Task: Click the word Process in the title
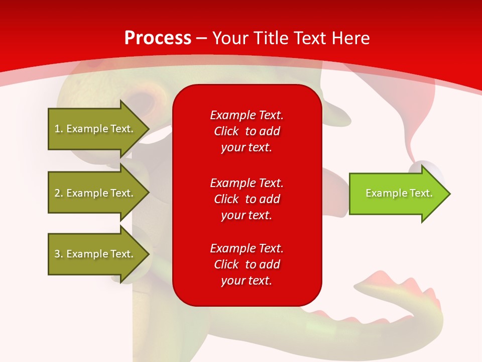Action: (158, 38)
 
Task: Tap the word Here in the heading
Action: (350, 38)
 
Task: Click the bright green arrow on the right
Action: (397, 194)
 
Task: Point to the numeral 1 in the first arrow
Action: (57, 129)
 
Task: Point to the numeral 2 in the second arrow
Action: (57, 193)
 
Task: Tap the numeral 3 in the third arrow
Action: (57, 254)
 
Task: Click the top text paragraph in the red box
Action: (247, 131)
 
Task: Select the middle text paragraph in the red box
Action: (247, 199)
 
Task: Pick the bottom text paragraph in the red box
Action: (247, 264)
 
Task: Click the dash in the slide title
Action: (201, 39)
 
